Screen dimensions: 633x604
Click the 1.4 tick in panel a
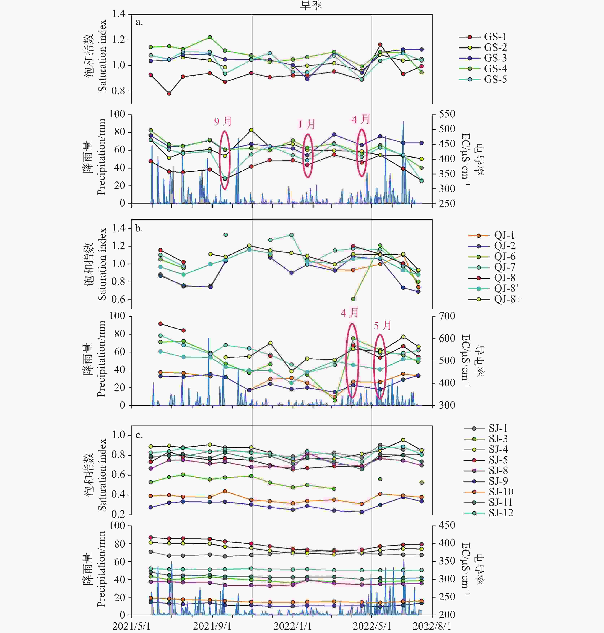[118, 14]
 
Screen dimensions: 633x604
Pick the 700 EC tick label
[447, 316]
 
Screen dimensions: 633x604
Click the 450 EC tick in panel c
[447, 526]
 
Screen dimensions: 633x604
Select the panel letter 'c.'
[139, 435]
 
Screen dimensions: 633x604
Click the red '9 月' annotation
[223, 121]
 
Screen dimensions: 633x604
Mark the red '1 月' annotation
[307, 124]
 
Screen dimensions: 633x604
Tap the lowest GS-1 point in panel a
[169, 93]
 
